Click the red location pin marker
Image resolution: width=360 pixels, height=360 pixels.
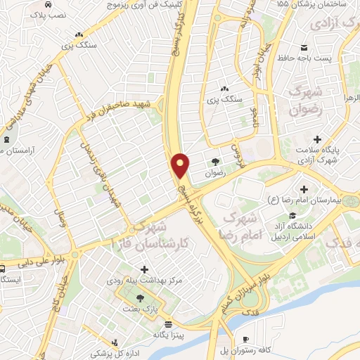181,165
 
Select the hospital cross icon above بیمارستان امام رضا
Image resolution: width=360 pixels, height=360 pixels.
304,189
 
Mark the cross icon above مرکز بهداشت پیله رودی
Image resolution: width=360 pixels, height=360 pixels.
145,269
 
